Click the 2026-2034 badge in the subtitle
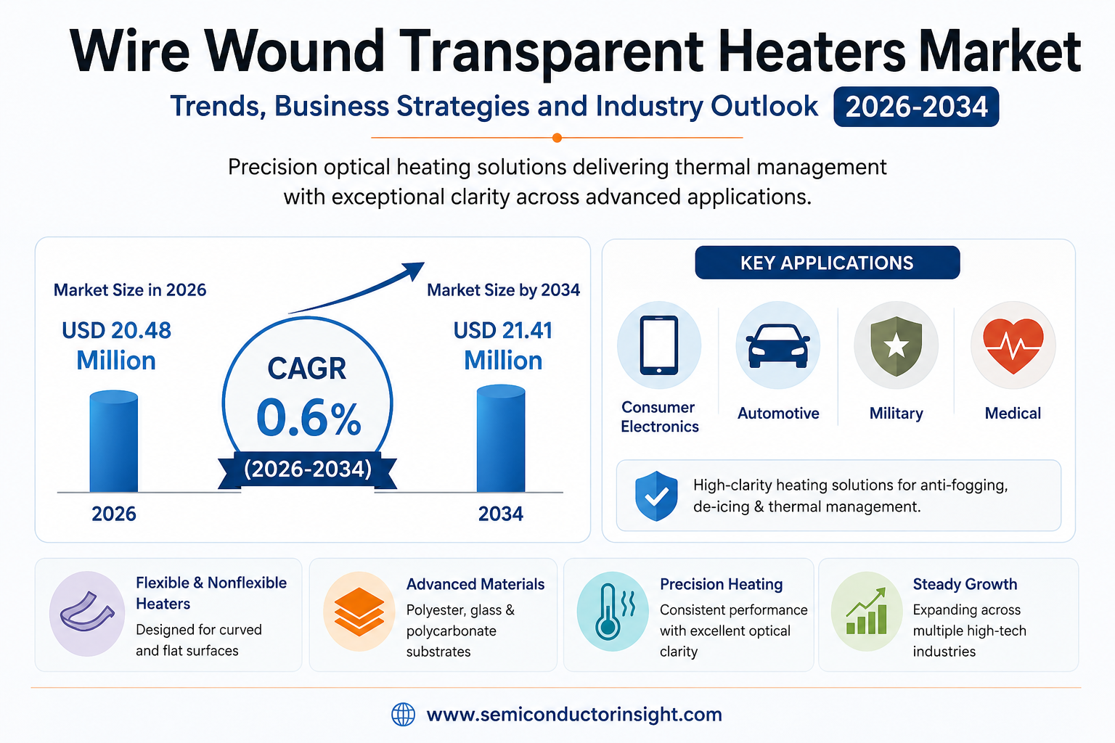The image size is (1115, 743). point(916,107)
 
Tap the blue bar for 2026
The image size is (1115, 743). point(113,441)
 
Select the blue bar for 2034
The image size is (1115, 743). point(501,438)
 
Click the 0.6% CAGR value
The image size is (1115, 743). point(309,418)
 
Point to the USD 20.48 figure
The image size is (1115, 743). point(116,330)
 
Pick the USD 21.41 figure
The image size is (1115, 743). point(503,330)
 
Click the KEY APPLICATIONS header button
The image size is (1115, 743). point(828,262)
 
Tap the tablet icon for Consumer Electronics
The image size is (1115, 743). point(659,345)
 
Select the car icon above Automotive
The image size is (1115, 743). point(778,346)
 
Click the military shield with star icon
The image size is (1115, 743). point(896,346)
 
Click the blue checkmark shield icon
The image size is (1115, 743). point(656,496)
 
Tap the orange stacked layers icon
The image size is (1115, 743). point(359,612)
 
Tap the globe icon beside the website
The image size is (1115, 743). point(403,715)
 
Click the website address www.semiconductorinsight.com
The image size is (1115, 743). point(574,715)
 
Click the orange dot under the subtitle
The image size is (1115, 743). point(557,138)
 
